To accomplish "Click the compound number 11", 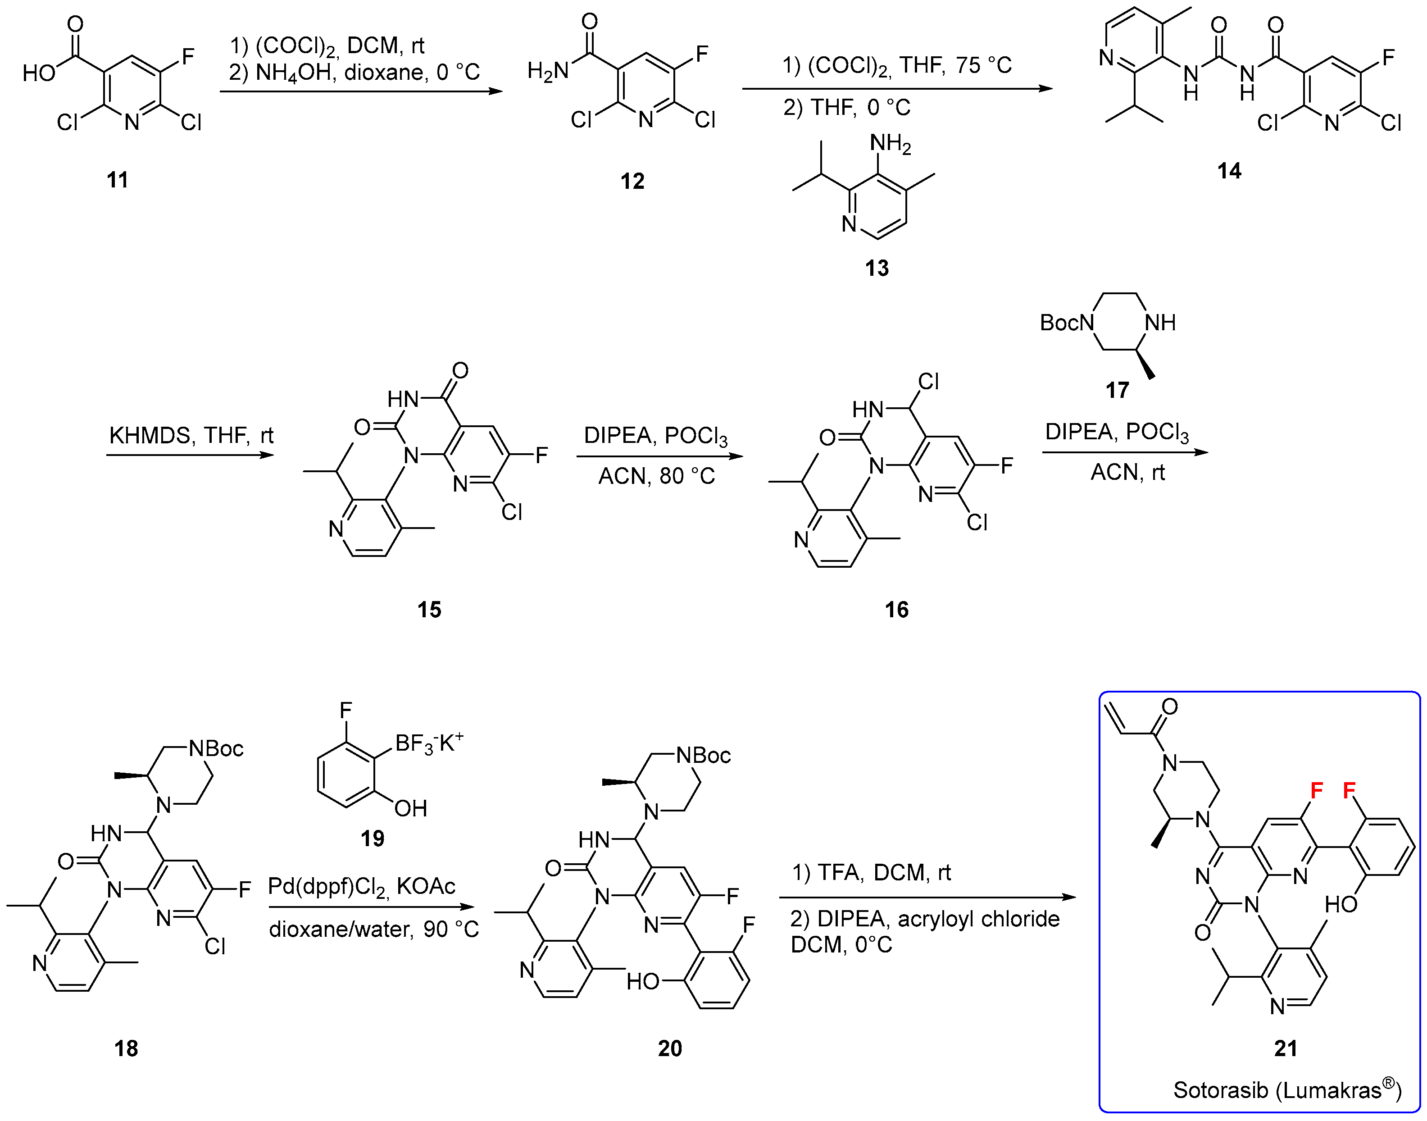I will point(118,180).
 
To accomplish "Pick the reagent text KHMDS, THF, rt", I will point(191,435).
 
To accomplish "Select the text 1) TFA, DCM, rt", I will point(871,872).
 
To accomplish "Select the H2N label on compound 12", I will point(548,70).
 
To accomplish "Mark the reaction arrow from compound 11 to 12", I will point(361,91).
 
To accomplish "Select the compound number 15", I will point(429,610).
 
